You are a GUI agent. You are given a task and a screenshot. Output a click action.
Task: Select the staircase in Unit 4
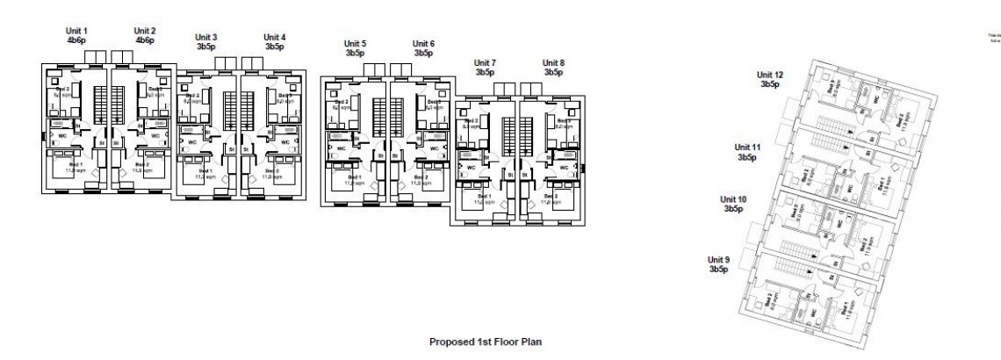click(250, 111)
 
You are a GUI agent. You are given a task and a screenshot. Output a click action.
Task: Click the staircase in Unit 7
click(506, 137)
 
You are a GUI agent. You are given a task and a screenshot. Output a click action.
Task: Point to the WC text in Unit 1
click(63, 136)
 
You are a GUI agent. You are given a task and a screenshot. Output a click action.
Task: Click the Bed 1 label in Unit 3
click(201, 171)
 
